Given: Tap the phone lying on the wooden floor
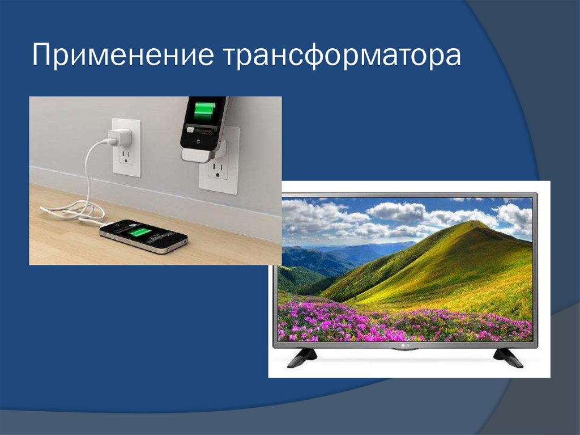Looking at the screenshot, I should (x=143, y=234).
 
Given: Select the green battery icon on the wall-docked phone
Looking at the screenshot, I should (x=204, y=109).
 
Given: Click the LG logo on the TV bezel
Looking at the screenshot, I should (x=404, y=344).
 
